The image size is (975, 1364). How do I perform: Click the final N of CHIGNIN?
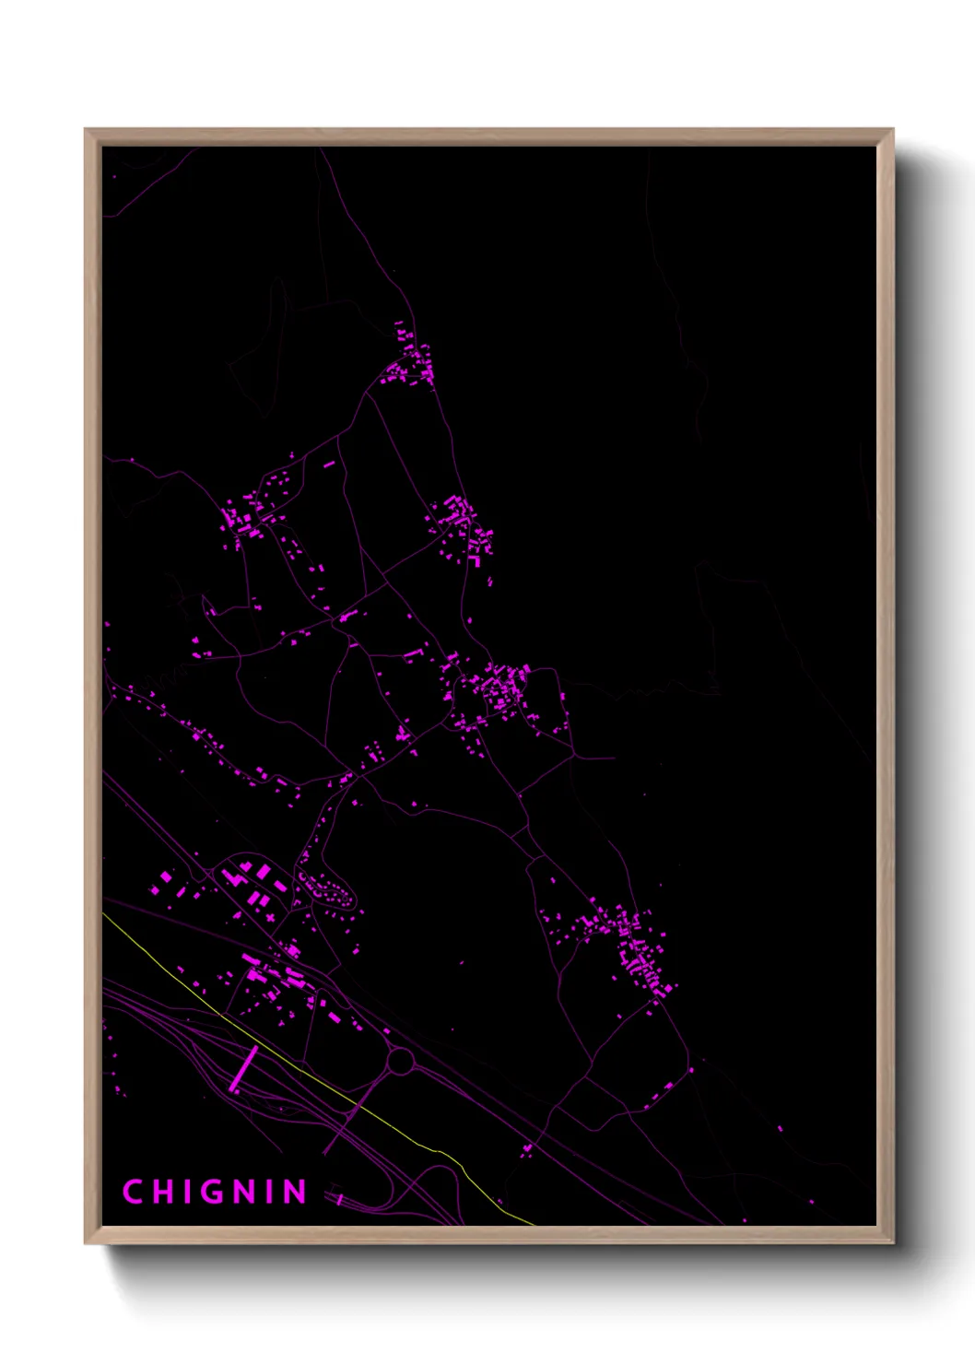295,1192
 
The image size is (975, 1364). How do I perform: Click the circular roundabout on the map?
400,1062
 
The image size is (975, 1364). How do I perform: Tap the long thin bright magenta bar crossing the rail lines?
244,1068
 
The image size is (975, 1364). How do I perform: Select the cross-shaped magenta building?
269,917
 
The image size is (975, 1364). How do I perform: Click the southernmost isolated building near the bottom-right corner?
812,1202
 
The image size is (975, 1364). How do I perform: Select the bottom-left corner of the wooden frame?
87,1241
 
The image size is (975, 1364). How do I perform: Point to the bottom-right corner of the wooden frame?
891,1241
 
